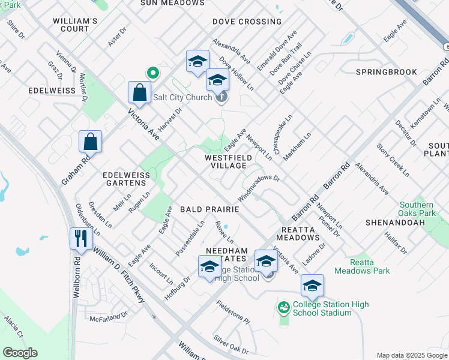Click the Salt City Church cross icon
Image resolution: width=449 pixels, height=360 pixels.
(x=222, y=97)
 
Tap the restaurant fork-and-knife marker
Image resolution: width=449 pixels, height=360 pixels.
(x=81, y=238)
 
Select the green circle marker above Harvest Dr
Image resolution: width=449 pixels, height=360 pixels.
(x=153, y=73)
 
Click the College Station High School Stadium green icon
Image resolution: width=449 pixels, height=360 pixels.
(x=284, y=308)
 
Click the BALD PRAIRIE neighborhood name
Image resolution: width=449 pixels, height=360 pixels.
(x=209, y=209)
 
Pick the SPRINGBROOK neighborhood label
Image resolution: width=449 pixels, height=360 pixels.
(x=386, y=72)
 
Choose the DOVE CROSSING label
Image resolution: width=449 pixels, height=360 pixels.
(x=247, y=22)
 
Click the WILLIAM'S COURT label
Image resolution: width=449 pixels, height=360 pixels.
(x=75, y=25)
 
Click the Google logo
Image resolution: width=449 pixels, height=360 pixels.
(x=20, y=353)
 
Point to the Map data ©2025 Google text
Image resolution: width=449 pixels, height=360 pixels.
(x=411, y=355)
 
